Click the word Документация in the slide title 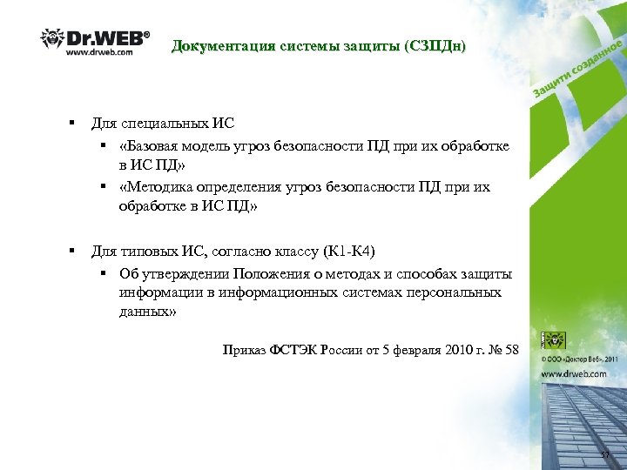(x=220, y=46)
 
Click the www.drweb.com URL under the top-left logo (x=99, y=52)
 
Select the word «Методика (x=159, y=186)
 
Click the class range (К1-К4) (x=348, y=252)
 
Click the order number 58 (x=510, y=350)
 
